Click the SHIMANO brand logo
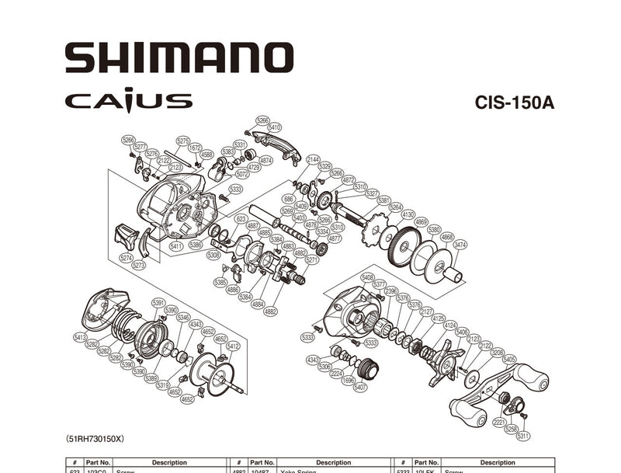tap(179, 57)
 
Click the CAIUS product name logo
tap(128, 100)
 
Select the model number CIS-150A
tap(514, 103)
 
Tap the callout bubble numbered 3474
tap(460, 245)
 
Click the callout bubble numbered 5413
tap(78, 337)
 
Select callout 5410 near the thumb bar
tap(274, 127)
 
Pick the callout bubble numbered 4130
tap(408, 215)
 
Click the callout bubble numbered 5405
tap(509, 359)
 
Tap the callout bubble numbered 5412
tap(233, 346)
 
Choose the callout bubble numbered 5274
tap(127, 258)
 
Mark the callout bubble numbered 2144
tap(313, 159)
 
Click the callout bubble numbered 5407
tap(360, 387)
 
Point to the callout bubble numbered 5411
tap(175, 246)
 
